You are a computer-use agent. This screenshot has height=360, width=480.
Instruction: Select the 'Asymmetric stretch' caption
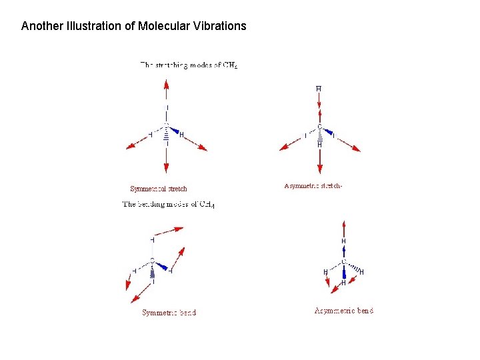313,186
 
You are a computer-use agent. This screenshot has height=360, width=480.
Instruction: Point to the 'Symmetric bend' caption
169,313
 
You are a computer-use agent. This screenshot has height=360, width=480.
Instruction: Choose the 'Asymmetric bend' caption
344,310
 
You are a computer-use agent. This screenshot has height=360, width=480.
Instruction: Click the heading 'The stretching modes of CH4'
189,65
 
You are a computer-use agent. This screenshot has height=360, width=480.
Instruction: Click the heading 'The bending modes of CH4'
169,204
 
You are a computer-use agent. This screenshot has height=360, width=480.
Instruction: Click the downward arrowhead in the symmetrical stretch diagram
166,170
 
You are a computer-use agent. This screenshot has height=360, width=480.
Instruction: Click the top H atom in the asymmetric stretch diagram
319,89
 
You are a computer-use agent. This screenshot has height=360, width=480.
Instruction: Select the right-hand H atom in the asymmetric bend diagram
361,272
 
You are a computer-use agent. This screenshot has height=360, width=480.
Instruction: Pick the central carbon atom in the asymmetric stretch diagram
319,127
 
